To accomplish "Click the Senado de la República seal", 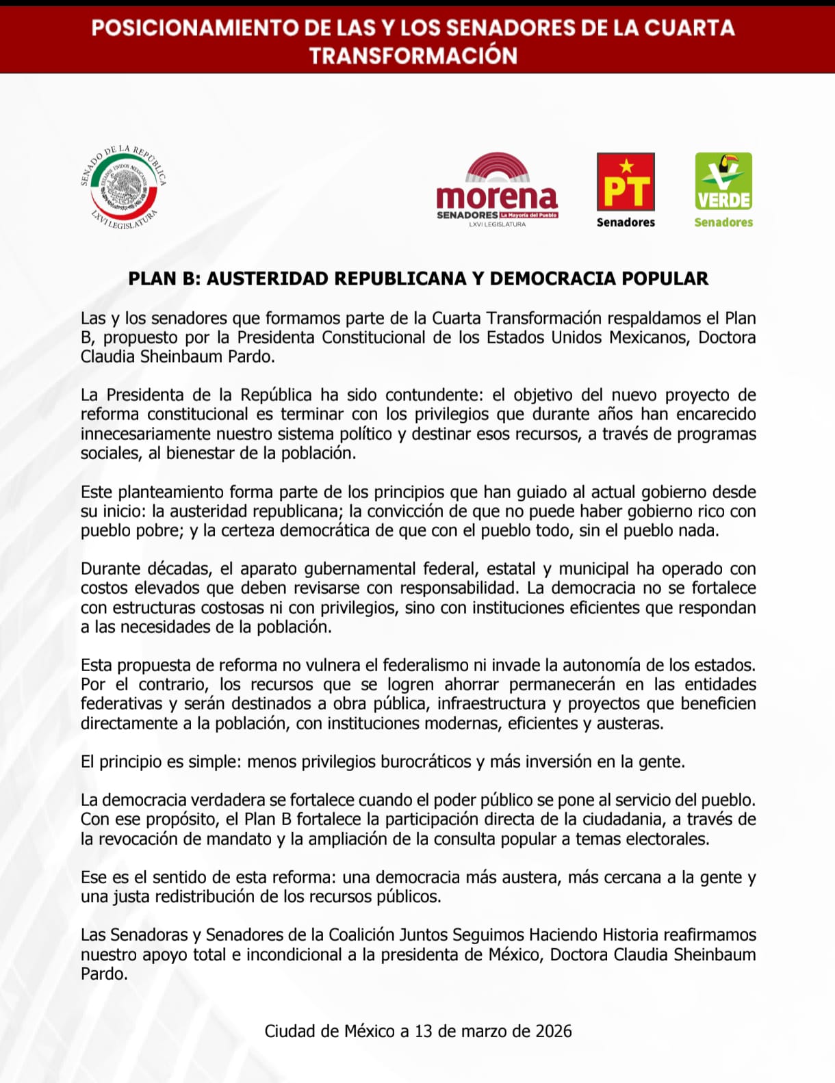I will coord(123,186).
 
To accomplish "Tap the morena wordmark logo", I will coord(497,196).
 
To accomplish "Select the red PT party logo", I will coord(626,181).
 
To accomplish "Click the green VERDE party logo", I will coord(723,181).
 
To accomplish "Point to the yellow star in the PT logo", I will coord(626,166).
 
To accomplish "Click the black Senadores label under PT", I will coord(626,222).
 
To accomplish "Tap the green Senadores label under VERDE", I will coord(723,222).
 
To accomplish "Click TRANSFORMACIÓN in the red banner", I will coord(413,56).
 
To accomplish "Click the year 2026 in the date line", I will coord(554,1032).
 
